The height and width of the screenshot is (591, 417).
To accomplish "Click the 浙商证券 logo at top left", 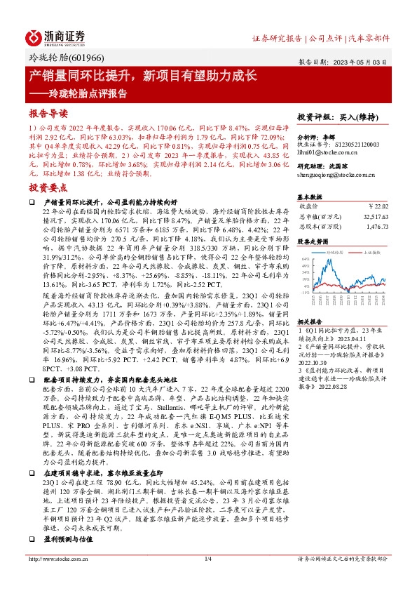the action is click(57, 36).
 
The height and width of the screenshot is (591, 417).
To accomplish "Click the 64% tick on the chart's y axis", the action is click(303, 259).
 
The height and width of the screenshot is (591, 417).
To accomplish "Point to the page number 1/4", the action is click(207, 578).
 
